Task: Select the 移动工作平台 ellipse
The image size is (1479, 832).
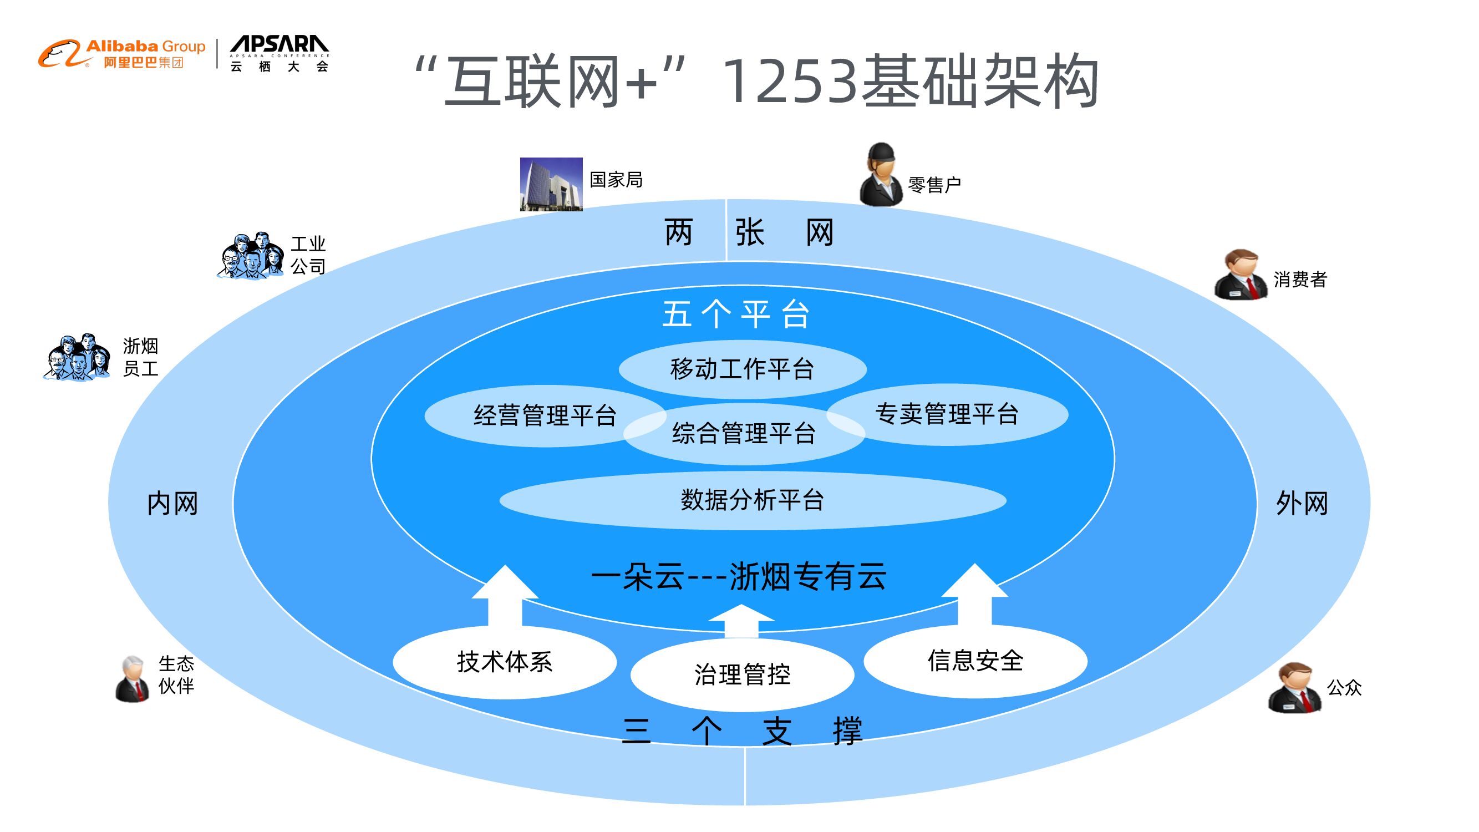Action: click(x=742, y=369)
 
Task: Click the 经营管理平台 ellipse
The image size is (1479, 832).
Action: click(x=534, y=415)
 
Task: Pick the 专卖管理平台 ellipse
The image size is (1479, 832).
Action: click(x=947, y=414)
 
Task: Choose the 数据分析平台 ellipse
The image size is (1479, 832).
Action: click(x=752, y=500)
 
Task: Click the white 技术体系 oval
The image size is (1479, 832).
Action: click(x=504, y=662)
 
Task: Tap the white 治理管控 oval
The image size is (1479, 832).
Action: click(x=742, y=674)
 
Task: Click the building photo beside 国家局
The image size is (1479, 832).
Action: click(x=551, y=184)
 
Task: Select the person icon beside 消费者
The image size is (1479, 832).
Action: click(x=1240, y=275)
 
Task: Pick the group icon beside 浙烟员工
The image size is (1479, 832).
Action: click(x=77, y=357)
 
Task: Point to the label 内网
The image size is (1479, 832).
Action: click(x=172, y=504)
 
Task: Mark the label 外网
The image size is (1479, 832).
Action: click(x=1302, y=504)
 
